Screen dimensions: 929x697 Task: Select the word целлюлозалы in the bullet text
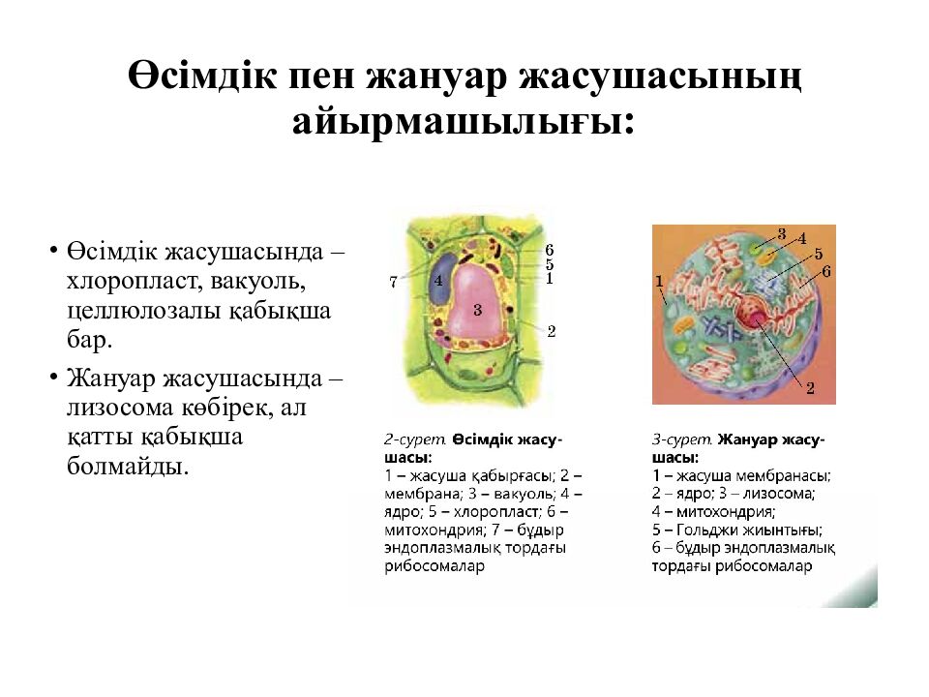pos(143,310)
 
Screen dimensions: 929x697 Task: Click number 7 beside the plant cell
pos(393,282)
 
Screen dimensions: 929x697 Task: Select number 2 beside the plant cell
pos(551,331)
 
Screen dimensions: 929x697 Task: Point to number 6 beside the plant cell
pos(549,250)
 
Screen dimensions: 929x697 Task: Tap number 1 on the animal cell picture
pos(659,281)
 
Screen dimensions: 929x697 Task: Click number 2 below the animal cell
pos(810,388)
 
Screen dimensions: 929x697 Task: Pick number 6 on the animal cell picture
pos(825,271)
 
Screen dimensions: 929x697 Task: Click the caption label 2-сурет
pos(415,439)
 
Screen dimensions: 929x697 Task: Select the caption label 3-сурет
pos(682,439)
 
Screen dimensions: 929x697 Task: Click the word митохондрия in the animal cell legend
pos(726,511)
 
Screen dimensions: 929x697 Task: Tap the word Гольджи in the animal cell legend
pos(705,530)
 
